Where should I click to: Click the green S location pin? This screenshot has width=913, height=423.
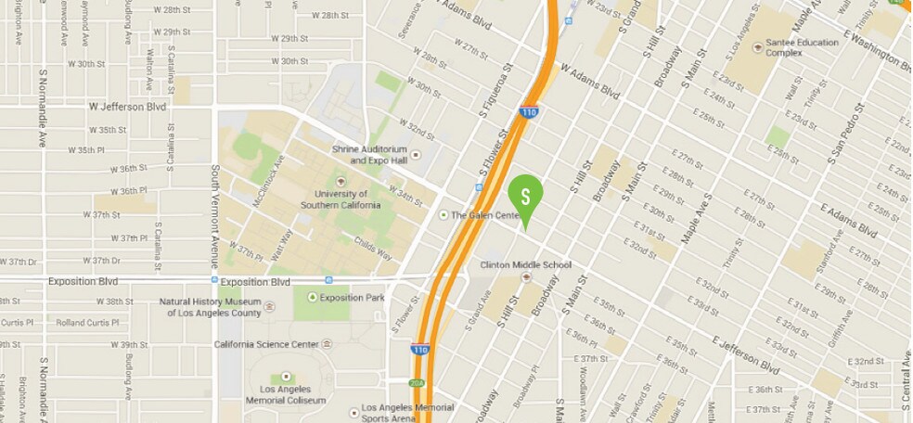525,197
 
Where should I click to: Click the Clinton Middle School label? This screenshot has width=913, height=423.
525,265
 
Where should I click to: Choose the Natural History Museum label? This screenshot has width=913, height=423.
210,307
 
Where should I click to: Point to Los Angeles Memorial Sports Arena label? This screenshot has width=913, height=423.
407,412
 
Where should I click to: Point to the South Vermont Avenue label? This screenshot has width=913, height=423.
214,216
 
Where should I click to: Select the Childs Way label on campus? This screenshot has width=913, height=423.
373,246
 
